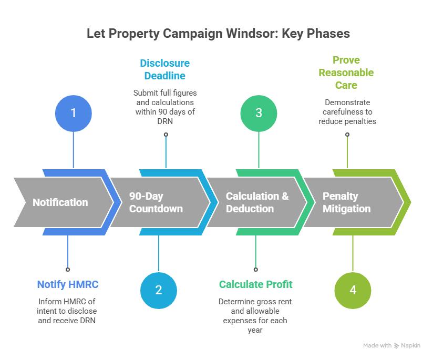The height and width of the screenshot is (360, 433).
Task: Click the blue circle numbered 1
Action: tap(74, 113)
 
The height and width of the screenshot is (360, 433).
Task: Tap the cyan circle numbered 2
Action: tap(159, 290)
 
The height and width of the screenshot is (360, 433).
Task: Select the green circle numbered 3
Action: tap(259, 113)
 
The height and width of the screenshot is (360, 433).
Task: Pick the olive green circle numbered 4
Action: tap(353, 290)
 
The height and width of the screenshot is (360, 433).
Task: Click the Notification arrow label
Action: tap(60, 202)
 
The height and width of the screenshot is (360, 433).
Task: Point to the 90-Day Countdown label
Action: tap(156, 202)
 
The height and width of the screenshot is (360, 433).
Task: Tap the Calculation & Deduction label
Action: tap(257, 202)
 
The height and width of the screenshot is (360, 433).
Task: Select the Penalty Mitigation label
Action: tap(346, 202)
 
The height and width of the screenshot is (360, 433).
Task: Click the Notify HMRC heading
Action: tap(68, 284)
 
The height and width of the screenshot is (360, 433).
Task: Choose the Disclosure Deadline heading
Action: tap(165, 69)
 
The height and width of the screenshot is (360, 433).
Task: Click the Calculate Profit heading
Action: tap(256, 284)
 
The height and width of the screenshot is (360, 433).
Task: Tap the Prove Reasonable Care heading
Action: tap(346, 73)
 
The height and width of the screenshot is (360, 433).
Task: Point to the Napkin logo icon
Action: tap(396, 345)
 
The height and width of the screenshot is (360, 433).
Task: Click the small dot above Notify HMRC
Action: tap(68, 269)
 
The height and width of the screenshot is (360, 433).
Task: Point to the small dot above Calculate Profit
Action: tap(256, 269)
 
